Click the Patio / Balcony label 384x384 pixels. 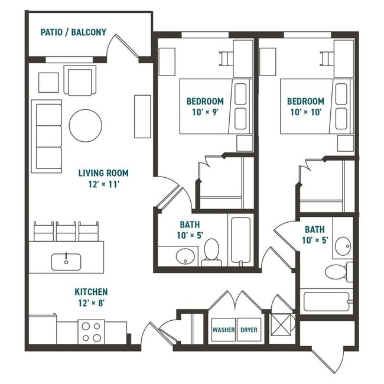(73, 32)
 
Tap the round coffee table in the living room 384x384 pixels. (86, 125)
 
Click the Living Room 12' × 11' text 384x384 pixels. (103, 178)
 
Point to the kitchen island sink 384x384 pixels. (66, 261)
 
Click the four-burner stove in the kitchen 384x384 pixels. (91, 331)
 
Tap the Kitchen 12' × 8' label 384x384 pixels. (91, 297)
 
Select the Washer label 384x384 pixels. (223, 330)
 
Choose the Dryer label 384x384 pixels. (249, 330)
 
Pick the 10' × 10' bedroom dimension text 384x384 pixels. (307, 112)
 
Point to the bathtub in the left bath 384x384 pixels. (241, 241)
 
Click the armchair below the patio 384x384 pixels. (80, 82)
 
